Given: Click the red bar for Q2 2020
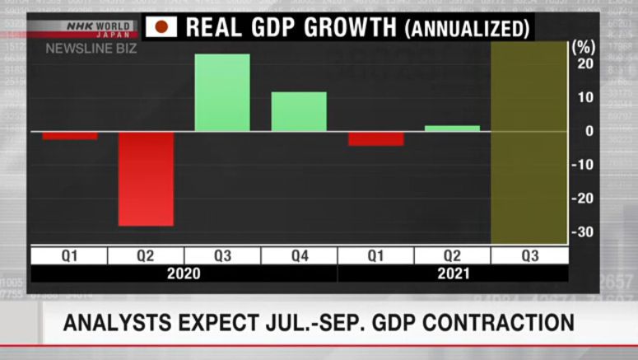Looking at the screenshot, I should [146, 178].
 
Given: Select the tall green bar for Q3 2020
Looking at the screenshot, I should [222, 92].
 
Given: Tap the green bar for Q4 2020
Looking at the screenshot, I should [299, 111].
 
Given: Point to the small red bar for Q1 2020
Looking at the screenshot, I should [70, 135].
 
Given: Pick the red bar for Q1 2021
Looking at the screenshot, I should [375, 138].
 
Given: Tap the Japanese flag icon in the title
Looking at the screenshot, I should [161, 27].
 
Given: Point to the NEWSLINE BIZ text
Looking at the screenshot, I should [91, 49].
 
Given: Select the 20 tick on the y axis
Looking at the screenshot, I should [584, 64].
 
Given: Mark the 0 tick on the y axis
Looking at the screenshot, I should [588, 131].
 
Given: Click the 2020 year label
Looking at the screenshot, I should [184, 274].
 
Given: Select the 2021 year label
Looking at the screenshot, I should [452, 274].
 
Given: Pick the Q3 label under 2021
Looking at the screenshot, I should [529, 256].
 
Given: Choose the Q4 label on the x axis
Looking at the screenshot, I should [299, 256].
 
